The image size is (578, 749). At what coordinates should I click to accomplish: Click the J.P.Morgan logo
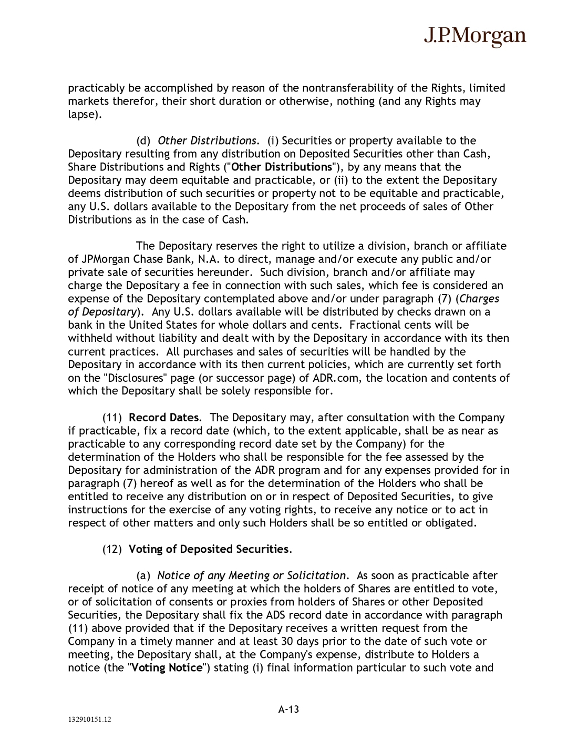click(x=474, y=36)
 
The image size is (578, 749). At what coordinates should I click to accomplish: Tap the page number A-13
click(x=288, y=709)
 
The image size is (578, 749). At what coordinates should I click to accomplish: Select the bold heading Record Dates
click(x=164, y=418)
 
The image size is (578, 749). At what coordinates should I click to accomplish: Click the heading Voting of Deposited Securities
click(x=209, y=549)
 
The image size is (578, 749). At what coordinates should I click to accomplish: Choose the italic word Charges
click(x=479, y=299)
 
